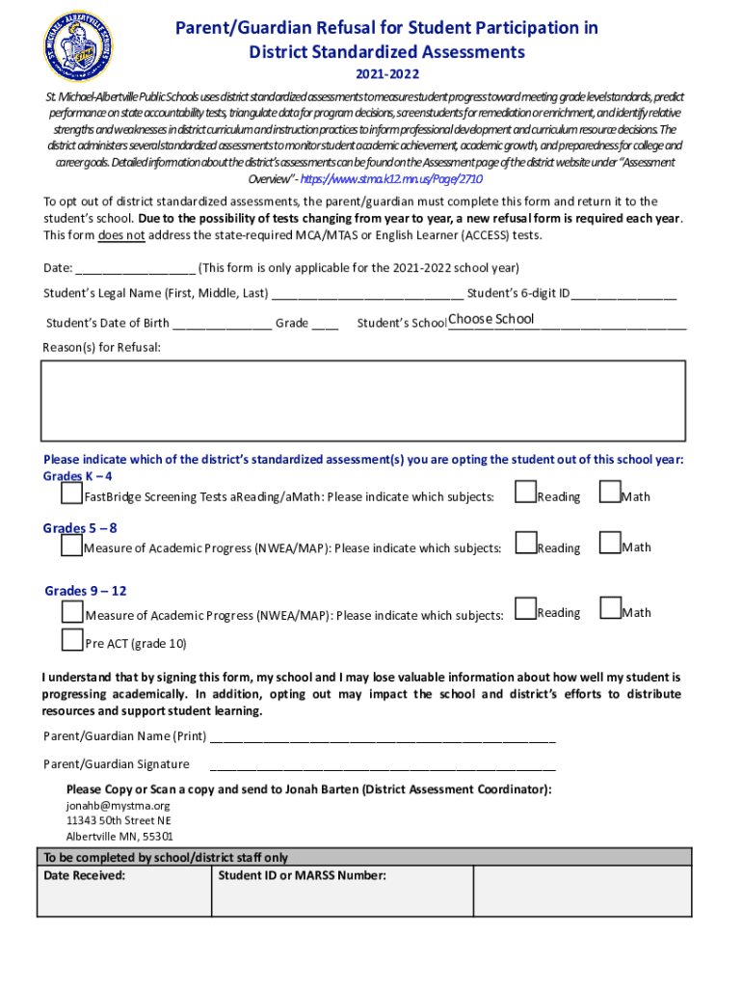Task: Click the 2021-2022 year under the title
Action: tap(387, 74)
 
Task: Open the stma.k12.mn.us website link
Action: tap(391, 179)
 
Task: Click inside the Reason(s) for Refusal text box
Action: tap(362, 400)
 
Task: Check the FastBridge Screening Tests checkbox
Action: tap(71, 494)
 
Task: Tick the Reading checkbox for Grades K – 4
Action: tap(524, 493)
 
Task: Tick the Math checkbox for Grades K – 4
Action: tap(609, 493)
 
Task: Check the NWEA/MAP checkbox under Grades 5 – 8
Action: tap(71, 546)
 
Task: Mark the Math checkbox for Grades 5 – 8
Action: tap(609, 544)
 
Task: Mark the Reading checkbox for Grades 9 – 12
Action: tap(524, 608)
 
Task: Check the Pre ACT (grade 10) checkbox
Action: tap(71, 640)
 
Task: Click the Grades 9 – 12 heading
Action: tap(86, 591)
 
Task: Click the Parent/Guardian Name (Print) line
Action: tap(382, 738)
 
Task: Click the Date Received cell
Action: tap(123, 892)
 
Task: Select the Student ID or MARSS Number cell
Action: tap(341, 892)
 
